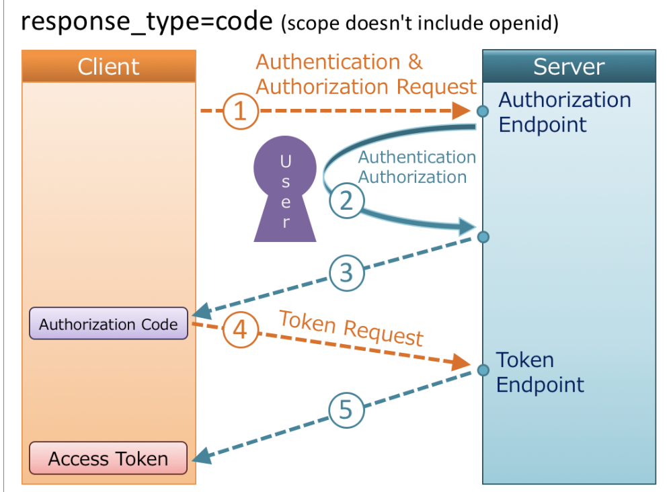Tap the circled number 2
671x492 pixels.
tap(346, 200)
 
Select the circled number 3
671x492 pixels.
tap(346, 273)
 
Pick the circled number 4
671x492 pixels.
tap(240, 331)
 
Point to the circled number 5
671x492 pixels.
tap(346, 409)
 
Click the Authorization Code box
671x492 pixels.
tap(108, 325)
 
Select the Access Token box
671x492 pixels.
tap(108, 459)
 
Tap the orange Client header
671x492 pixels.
tap(108, 67)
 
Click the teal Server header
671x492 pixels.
tap(569, 67)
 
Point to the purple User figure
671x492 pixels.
tap(285, 191)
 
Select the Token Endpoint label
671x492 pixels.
tap(540, 372)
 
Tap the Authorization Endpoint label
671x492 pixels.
tap(564, 112)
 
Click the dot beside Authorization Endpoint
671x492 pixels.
tap(482, 112)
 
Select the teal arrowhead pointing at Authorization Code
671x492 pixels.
tap(201, 312)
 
